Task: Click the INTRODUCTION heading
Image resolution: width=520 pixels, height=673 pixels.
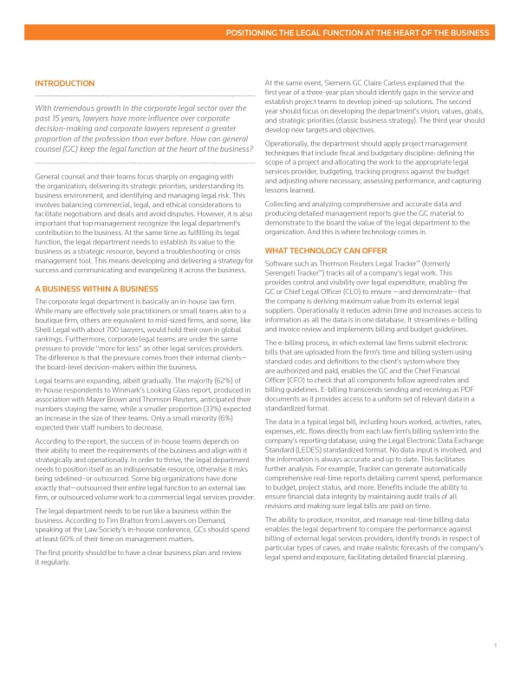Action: coord(64,83)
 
